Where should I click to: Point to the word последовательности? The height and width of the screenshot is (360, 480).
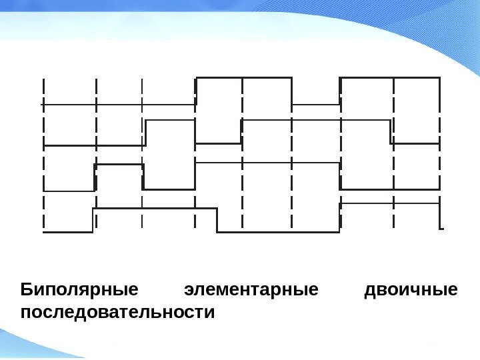[x=118, y=312]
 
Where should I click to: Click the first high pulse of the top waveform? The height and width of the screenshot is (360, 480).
[x=244, y=78]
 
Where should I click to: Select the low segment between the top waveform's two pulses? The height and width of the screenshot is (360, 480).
[x=316, y=105]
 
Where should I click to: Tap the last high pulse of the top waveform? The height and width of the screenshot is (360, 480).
[x=390, y=78]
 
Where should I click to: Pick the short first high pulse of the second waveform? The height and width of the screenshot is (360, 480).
[x=170, y=120]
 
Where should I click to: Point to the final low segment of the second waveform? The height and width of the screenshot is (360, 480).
[x=415, y=143]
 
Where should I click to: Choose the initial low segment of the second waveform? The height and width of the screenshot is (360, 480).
[x=94, y=145]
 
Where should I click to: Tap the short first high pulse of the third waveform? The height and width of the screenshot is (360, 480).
[x=119, y=164]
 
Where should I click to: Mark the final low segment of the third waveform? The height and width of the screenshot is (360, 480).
[x=390, y=189]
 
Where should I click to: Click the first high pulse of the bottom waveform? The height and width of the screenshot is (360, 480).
[x=155, y=209]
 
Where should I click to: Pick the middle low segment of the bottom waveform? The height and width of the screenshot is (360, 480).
[x=279, y=232]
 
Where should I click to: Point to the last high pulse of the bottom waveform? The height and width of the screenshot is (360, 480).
[x=390, y=203]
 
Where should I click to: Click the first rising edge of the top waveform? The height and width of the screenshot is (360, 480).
[x=196, y=91]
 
